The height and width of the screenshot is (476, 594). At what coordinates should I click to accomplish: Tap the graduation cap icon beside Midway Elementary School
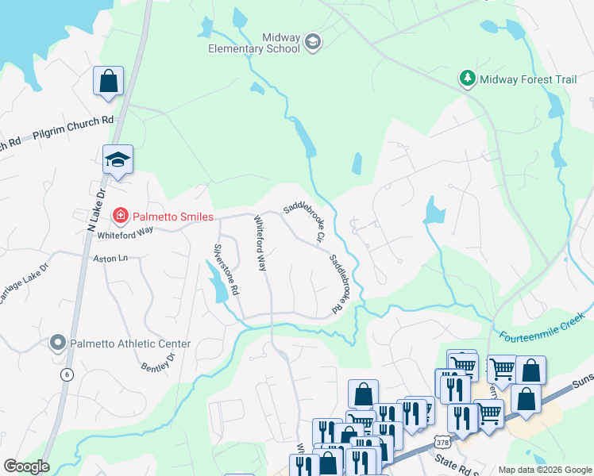(x=313, y=42)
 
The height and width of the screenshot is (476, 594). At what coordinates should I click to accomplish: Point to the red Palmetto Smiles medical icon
(x=120, y=215)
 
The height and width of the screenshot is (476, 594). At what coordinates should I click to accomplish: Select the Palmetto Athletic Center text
(x=130, y=344)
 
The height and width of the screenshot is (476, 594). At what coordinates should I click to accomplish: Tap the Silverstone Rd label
(x=226, y=268)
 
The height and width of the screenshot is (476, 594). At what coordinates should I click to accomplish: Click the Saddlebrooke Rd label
(x=340, y=282)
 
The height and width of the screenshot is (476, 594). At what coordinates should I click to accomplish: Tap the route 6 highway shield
(x=67, y=373)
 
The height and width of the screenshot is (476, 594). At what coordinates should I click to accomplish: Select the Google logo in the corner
(x=26, y=466)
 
